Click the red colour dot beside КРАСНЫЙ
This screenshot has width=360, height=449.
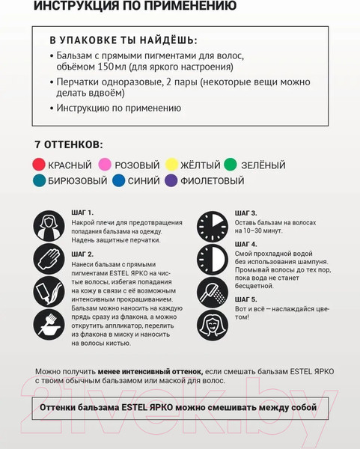click(39, 165)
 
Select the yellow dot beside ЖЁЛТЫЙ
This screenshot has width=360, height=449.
click(171, 165)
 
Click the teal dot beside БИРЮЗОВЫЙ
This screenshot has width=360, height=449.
click(39, 180)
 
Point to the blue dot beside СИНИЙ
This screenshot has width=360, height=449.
click(118, 180)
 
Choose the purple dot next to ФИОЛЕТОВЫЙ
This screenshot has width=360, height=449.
click(171, 180)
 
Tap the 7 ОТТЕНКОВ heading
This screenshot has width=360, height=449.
click(68, 144)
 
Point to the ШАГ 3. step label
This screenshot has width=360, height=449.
click(245, 213)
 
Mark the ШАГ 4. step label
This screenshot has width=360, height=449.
click(245, 244)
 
